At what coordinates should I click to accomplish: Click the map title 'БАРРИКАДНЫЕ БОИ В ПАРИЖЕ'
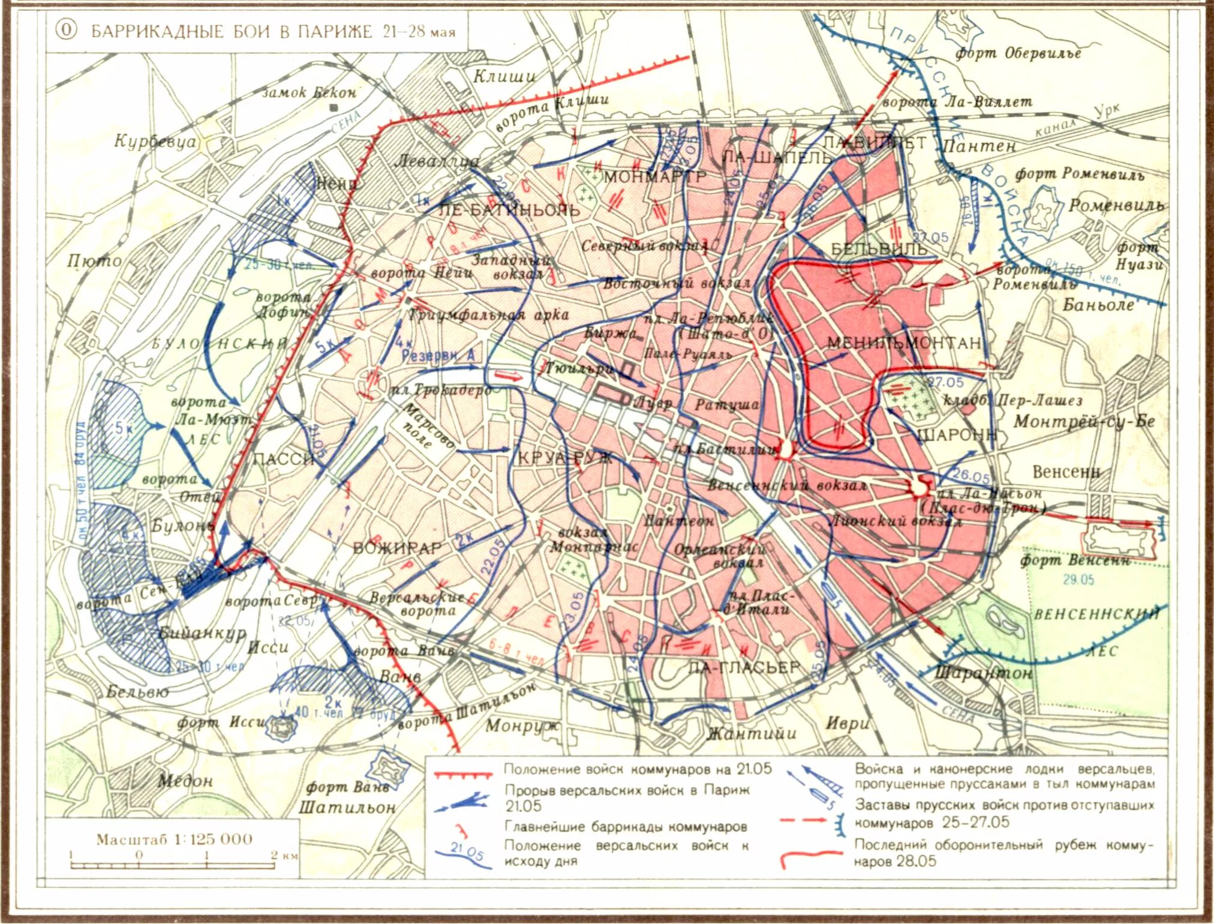tap(232, 31)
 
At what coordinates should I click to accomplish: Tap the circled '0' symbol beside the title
tap(66, 30)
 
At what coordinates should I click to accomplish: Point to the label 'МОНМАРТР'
tap(654, 177)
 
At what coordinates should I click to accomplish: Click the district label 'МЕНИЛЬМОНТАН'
tap(903, 343)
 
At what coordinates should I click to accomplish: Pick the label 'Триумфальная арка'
tap(488, 314)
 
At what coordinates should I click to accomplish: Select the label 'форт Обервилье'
tap(1017, 53)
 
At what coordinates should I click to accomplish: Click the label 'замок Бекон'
tap(309, 93)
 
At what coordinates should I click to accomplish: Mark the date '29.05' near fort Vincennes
tap(1078, 580)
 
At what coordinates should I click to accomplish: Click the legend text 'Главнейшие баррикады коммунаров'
tap(625, 827)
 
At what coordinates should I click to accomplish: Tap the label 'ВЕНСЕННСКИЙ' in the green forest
tap(1096, 614)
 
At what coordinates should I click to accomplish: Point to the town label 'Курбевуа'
tap(155, 142)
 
